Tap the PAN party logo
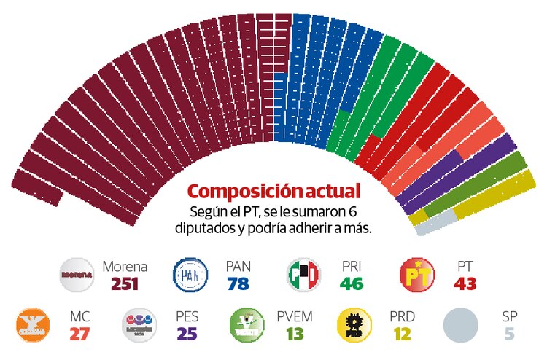coord(190,275)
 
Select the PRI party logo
coord(304,275)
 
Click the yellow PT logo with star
coord(419,275)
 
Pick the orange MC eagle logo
coord(34,324)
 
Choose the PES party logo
coord(140,324)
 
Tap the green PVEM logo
coord(247,324)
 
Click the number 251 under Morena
coord(125,283)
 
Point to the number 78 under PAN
coord(238,283)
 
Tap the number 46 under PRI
coord(352,283)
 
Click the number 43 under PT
coord(465,283)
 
